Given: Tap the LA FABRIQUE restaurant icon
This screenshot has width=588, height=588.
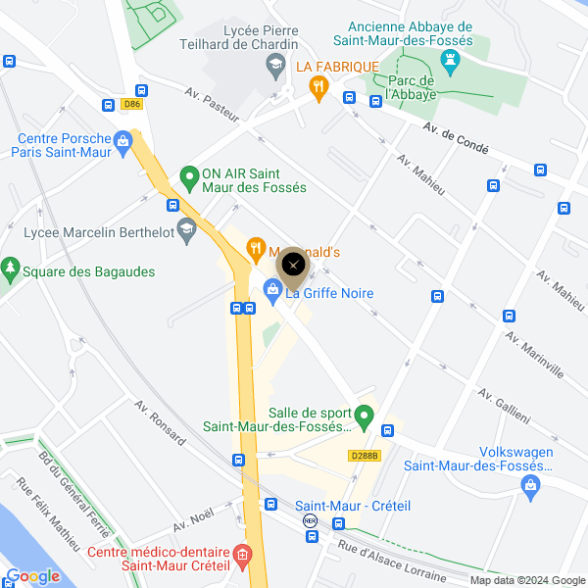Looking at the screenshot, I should (318, 87).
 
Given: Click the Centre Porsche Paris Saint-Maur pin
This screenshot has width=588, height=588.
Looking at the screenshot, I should (122, 141).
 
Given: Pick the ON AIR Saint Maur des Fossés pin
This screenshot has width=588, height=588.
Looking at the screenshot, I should (189, 178).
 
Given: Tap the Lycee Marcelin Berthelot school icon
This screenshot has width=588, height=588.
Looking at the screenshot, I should (185, 230).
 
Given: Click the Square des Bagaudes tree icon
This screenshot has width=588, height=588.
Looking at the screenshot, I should (11, 267).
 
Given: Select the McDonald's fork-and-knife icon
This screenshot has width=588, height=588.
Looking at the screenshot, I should (255, 249).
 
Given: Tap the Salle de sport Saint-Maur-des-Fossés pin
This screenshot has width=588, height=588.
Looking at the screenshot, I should (364, 416).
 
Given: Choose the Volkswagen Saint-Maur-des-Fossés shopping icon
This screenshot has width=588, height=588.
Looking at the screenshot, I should (530, 484).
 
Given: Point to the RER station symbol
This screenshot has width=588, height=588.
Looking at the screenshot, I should (311, 521).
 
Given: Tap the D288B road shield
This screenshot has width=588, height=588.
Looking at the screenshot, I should (364, 455).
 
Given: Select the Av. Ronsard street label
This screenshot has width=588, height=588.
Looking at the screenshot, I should (160, 422).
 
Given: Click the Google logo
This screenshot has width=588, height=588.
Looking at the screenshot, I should (32, 575).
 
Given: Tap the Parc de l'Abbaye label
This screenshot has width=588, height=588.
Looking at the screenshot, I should (412, 88).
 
